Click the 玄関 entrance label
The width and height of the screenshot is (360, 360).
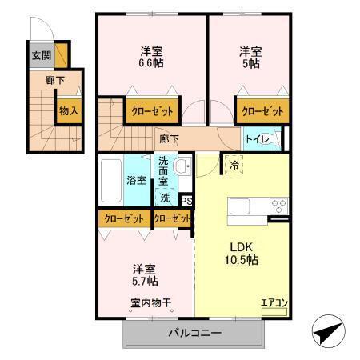41,56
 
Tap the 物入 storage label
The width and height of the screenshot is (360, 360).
68,111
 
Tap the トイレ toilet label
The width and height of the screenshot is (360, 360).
258,139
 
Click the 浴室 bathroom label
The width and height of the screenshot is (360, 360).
136,180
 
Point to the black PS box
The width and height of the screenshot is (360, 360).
186,202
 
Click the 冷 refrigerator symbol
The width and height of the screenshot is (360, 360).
234,164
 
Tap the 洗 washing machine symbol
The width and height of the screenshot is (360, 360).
164,197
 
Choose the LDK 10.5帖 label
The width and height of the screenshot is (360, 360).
239,254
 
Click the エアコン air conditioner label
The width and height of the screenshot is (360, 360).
274,302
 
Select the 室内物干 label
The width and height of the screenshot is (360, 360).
151,302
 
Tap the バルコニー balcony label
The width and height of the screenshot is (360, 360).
194,333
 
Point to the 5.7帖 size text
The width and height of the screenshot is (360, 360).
145,281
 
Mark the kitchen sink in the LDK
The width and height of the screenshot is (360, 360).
242,206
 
